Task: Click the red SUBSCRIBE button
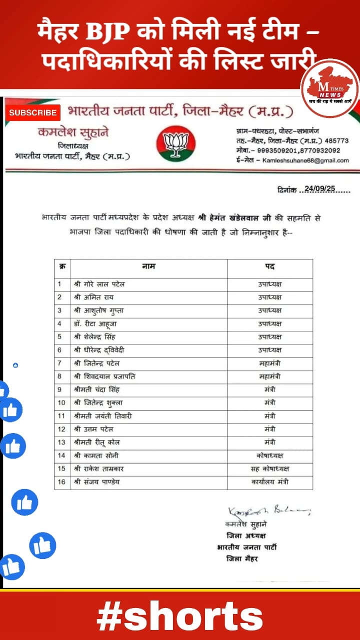[33, 112]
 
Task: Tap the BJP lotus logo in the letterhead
[175, 143]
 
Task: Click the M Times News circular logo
[329, 88]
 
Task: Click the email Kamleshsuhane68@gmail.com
[306, 160]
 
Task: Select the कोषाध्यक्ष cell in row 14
[269, 455]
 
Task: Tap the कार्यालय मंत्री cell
[269, 482]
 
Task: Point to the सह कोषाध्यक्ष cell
[269, 469]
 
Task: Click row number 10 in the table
[61, 403]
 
